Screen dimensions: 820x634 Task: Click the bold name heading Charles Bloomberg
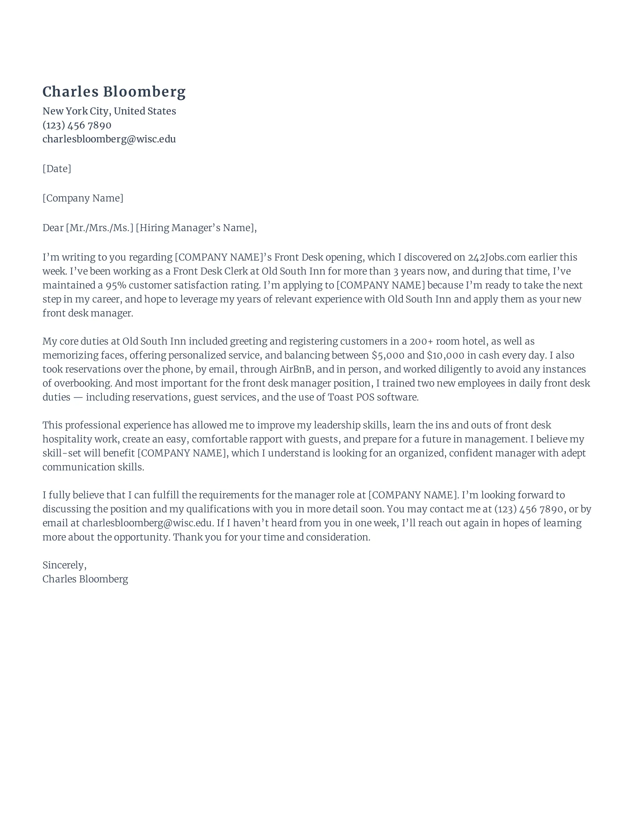(114, 92)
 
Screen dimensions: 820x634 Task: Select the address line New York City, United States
(109, 111)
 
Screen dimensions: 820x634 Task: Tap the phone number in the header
(76, 125)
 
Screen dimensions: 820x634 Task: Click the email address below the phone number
(109, 139)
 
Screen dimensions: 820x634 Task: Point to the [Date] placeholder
(57, 168)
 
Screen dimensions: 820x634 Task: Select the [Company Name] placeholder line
(83, 198)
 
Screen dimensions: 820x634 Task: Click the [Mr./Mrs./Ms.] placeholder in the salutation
(100, 228)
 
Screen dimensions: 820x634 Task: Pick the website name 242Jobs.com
(496, 257)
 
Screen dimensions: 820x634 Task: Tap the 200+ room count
(421, 341)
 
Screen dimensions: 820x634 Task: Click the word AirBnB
(296, 369)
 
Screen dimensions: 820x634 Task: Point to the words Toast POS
(351, 397)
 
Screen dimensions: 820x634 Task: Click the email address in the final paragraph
(148, 523)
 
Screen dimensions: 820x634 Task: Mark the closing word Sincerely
(64, 565)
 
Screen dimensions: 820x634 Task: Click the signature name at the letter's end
(85, 579)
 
